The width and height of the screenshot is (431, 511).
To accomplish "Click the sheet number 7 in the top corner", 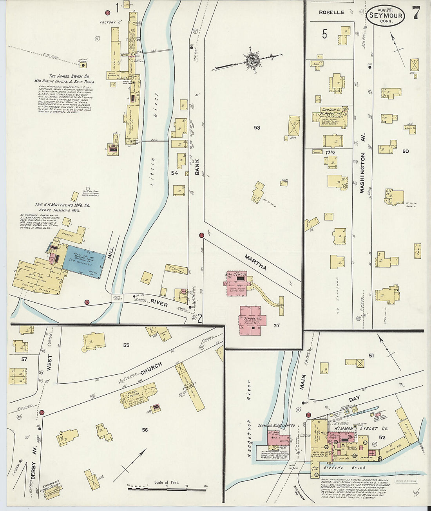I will [x=416, y=13].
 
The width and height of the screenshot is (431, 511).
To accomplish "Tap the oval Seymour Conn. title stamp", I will [x=386, y=16].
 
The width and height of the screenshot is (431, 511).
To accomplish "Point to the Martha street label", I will [x=255, y=262].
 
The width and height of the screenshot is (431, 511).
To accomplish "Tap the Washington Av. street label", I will [x=362, y=173].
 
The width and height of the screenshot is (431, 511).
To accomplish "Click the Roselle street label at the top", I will [x=331, y=13].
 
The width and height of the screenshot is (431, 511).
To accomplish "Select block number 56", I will [x=145, y=430].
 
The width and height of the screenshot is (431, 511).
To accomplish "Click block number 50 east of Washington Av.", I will [x=405, y=151].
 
